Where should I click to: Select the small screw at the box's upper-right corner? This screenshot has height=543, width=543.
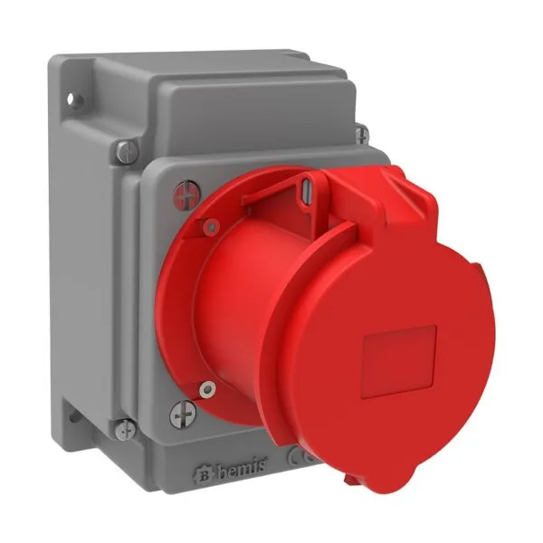[362, 136]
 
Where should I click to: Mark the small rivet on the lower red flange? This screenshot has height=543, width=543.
[208, 390]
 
